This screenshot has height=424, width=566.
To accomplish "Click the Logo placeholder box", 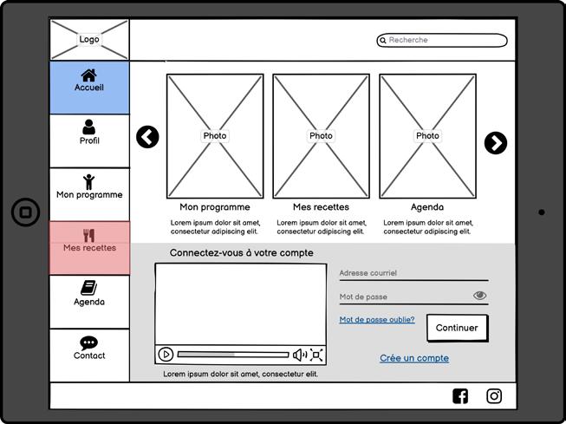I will (89, 40).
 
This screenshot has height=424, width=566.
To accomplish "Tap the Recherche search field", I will (442, 40).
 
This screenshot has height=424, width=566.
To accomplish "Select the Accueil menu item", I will (89, 88).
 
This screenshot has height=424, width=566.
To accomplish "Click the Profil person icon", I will (89, 127).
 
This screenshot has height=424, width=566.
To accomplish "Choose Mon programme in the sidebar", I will (89, 194).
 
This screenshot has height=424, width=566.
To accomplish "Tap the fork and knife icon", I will (89, 235).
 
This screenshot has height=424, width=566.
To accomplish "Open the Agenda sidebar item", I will (89, 302).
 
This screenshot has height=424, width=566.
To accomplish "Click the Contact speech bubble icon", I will (89, 342).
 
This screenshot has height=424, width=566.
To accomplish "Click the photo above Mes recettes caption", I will (321, 135).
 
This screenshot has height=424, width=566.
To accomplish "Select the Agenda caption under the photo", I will (427, 207).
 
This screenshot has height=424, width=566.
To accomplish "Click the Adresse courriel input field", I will (413, 273).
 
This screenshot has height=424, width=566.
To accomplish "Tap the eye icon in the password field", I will (480, 296).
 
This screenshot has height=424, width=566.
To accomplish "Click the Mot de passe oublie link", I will (377, 320).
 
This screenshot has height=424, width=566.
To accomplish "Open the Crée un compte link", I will (414, 358).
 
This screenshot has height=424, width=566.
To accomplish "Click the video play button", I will (166, 354).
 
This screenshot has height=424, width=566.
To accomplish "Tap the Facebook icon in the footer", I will (460, 396).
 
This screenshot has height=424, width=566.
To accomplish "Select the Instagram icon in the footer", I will (494, 396).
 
